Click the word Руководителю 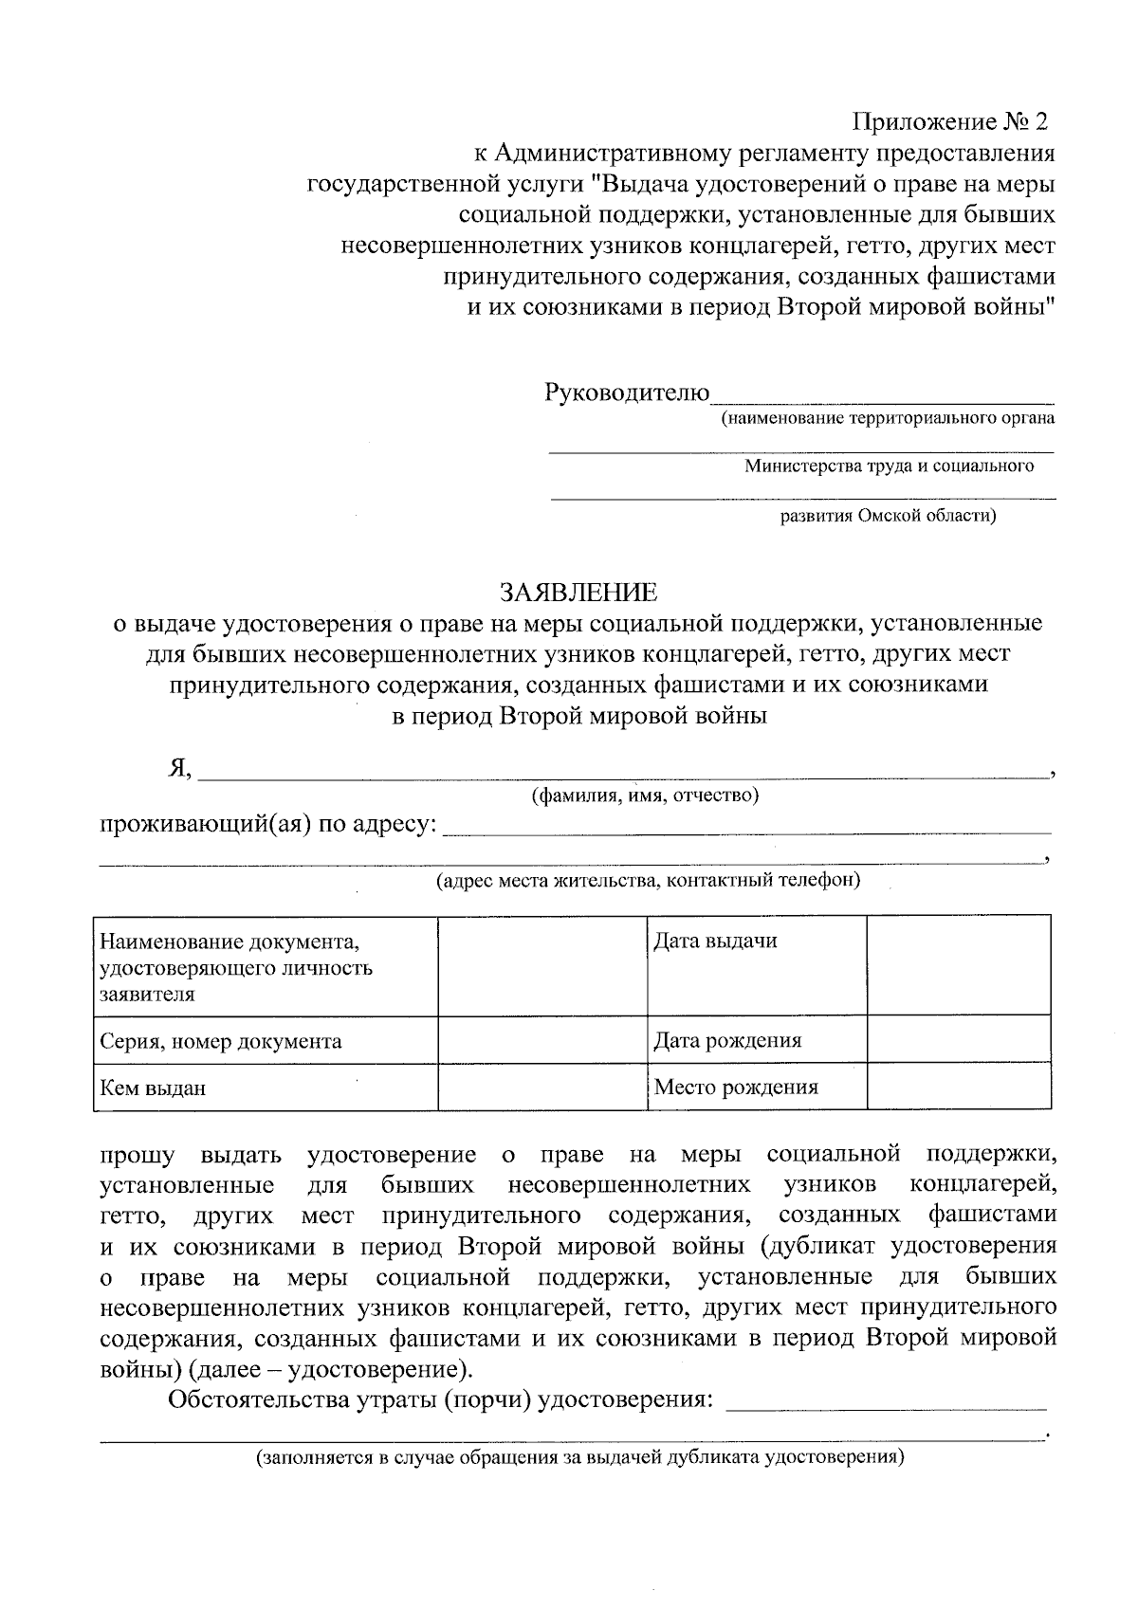(627, 392)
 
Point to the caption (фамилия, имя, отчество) (645, 795)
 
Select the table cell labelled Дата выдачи (756, 964)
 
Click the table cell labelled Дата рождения (756, 1040)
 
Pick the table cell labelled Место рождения (756, 1087)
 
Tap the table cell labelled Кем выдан (265, 1087)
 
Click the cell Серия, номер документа (265, 1040)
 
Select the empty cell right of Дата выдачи (959, 964)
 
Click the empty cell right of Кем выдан (542, 1087)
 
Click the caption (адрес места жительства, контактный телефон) (648, 881)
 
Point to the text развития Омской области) (888, 517)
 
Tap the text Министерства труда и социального (889, 466)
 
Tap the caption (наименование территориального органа (887, 418)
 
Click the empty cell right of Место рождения (959, 1087)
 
